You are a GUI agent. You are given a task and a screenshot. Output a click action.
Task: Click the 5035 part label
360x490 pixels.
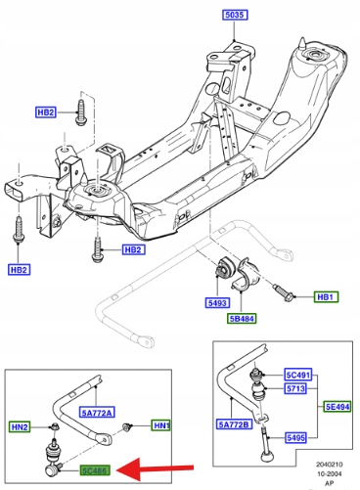235,15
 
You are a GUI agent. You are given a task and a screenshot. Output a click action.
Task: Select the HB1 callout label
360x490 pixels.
326,297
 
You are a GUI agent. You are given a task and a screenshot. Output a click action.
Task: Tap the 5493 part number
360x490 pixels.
217,303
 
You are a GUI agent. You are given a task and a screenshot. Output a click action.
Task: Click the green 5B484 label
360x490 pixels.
242,318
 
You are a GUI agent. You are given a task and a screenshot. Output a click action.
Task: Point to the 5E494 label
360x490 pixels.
337,407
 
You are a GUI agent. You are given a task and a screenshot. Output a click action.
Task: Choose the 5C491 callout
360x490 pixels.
298,375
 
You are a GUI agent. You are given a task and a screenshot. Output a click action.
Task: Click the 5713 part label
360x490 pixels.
295,388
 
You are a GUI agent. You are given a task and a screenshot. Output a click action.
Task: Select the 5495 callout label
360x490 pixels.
295,437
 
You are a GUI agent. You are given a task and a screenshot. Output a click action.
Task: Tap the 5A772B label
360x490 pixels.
234,424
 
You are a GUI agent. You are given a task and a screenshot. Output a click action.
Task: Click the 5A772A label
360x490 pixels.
97,413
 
